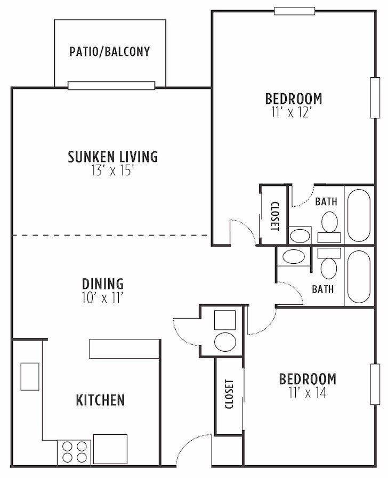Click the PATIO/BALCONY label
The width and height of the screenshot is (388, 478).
pyautogui.click(x=110, y=52)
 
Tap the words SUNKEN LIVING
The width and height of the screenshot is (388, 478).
pyautogui.click(x=112, y=157)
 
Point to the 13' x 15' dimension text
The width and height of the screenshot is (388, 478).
pyautogui.click(x=112, y=171)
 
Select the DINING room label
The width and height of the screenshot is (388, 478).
pyautogui.click(x=103, y=283)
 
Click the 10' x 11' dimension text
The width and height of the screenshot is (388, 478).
pyautogui.click(x=103, y=297)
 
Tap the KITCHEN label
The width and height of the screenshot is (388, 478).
pyautogui.click(x=100, y=400)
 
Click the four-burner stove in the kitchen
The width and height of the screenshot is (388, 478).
pyautogui.click(x=75, y=451)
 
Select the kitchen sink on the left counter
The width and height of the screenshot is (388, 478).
pyautogui.click(x=30, y=376)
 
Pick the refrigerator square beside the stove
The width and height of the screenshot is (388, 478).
pyautogui.click(x=110, y=449)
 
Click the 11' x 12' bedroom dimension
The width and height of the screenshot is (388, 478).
pyautogui.click(x=294, y=113)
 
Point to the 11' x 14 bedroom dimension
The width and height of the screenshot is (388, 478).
pyautogui.click(x=308, y=393)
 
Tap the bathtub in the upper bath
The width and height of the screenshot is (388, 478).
pyautogui.click(x=358, y=215)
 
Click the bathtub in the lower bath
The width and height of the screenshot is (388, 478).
pyautogui.click(x=358, y=277)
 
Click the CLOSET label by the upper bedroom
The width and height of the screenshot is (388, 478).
pyautogui.click(x=274, y=216)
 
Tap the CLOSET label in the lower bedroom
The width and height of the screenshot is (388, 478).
pyautogui.click(x=229, y=394)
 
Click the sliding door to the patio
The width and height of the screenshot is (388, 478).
pyautogui.click(x=111, y=86)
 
